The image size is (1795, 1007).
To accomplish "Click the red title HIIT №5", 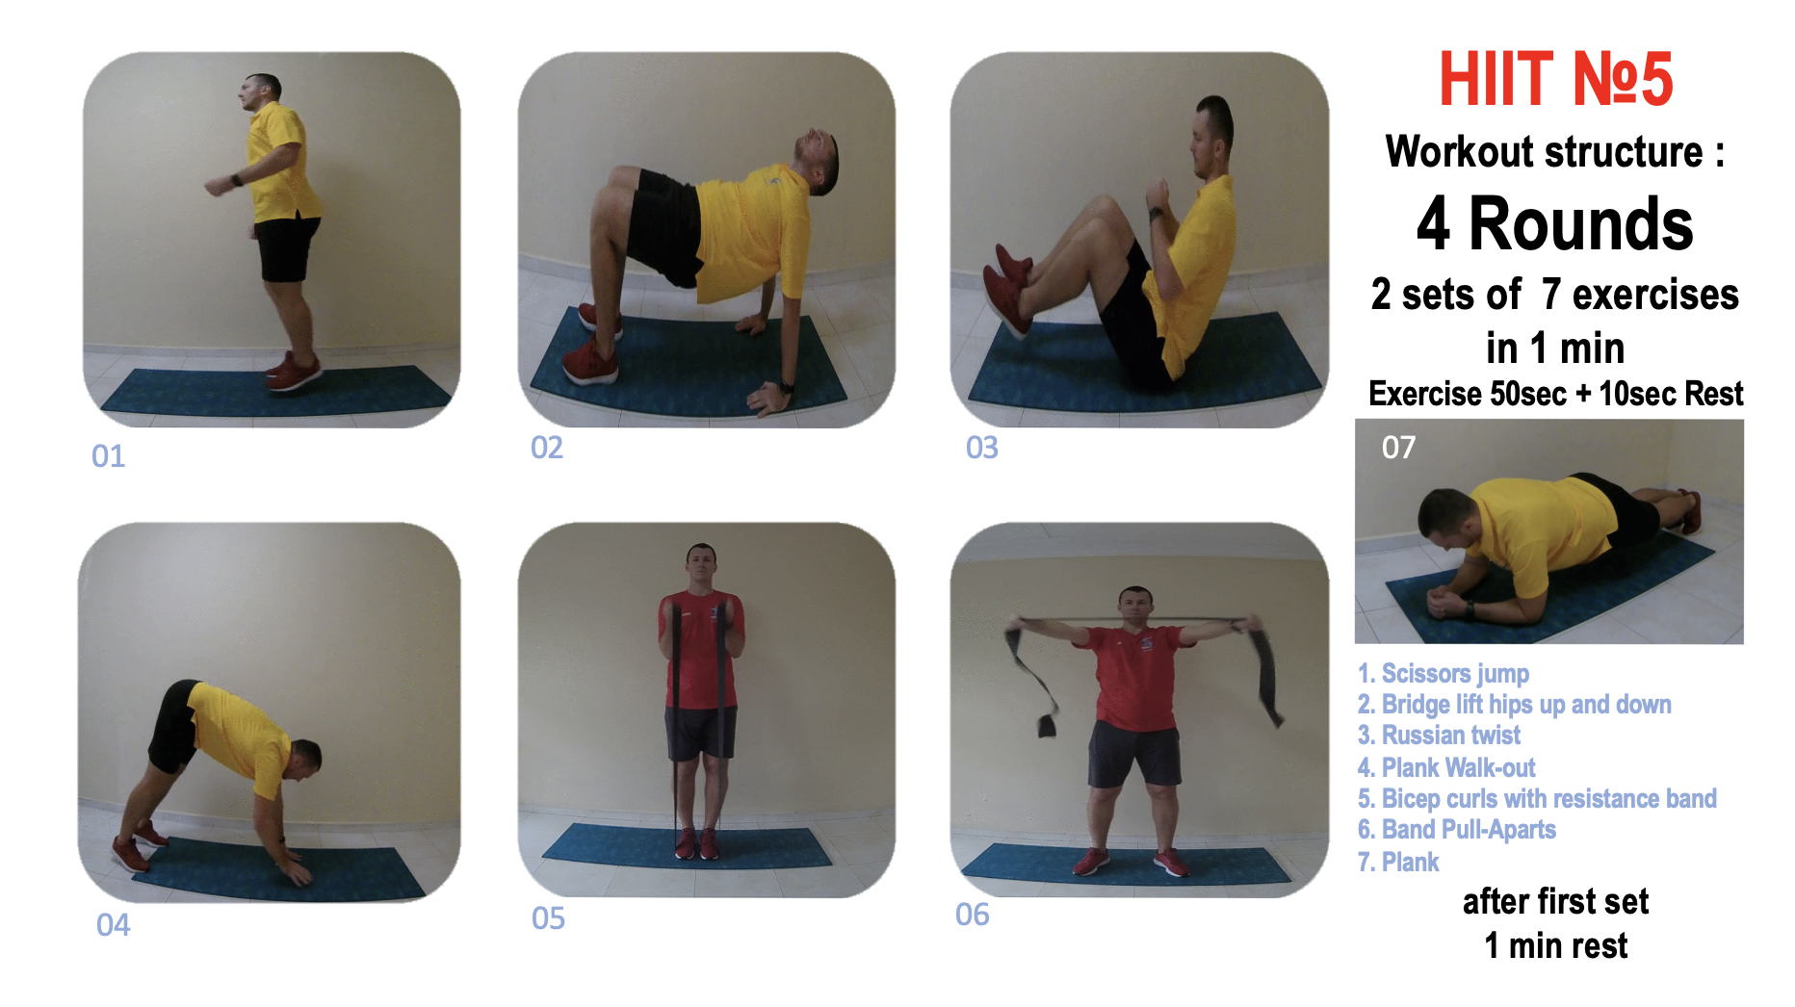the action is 1555,79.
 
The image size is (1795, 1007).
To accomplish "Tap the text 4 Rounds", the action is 1554,224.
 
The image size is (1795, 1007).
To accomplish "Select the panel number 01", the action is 109,456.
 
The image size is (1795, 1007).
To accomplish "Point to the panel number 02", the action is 547,448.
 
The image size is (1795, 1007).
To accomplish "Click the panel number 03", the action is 982,448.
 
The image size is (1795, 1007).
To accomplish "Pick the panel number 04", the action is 114,925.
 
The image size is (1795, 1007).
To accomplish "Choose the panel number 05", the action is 549,918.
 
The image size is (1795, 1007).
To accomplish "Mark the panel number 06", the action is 973,915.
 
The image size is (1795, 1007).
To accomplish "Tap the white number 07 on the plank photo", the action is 1398,448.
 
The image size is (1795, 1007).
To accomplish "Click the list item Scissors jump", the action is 1444,674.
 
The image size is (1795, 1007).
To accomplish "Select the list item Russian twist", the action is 1439,736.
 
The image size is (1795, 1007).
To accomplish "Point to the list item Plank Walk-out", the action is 1446,767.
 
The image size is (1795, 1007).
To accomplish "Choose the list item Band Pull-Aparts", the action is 1457,830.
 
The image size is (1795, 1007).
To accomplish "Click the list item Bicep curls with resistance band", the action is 1537,798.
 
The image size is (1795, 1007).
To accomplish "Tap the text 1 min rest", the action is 1556,946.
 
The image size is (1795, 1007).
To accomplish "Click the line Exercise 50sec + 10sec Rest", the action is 1556,394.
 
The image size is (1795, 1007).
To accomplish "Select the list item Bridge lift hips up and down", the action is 1515,705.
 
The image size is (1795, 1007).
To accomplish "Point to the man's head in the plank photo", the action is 1444,520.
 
